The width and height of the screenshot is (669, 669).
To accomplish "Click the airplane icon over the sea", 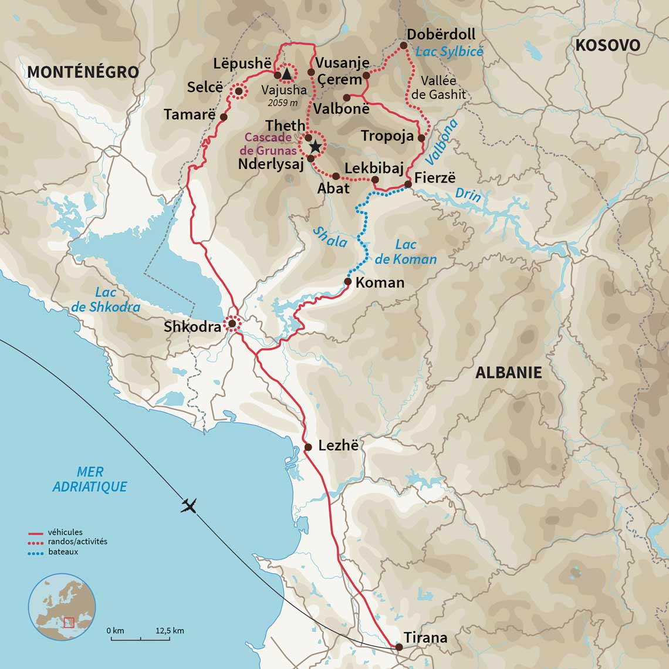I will point(188,506).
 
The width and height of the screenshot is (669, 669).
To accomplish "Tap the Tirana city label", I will point(425,637).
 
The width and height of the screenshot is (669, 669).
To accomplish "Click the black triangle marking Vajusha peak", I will point(286,74).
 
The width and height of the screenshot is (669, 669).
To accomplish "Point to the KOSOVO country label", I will point(607,45).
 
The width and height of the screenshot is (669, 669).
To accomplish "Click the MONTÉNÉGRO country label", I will point(83,72).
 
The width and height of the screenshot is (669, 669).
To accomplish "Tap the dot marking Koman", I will point(347,282).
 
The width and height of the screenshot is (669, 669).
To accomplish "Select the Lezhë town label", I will point(338,445).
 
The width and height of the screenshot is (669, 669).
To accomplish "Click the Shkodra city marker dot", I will point(232,323).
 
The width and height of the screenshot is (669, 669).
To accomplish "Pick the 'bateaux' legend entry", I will point(63,552).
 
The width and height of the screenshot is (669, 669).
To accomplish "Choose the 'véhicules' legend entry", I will point(65,532).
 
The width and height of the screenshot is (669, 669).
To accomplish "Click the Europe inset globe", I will point(62,607).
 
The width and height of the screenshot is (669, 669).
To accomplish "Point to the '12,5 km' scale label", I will point(170,631).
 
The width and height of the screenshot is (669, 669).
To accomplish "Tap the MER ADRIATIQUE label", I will point(90,479).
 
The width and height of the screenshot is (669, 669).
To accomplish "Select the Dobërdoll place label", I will point(441,34).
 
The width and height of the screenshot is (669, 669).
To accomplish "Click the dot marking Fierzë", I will point(408,184).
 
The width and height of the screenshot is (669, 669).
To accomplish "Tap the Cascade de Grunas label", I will point(268,144).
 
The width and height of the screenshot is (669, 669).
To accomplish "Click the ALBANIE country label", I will point(508,373).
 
